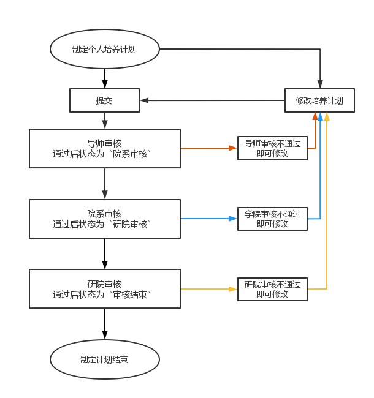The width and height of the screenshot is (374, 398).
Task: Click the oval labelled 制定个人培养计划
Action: tap(104, 49)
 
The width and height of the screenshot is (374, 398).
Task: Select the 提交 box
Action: tap(104, 100)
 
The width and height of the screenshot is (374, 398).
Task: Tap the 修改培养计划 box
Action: tap(319, 100)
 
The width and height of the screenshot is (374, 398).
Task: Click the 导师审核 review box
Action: tap(105, 148)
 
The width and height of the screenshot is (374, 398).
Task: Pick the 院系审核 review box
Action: tap(105, 219)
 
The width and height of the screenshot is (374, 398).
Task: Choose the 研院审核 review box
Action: tap(105, 289)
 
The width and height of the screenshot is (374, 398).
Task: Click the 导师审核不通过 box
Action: tap(272, 148)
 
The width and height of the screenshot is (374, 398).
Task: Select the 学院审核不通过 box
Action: tap(272, 219)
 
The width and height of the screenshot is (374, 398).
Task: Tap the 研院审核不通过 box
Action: tap(272, 289)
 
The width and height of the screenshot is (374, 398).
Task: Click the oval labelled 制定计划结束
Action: tap(104, 359)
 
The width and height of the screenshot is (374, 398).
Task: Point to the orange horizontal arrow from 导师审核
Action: tap(208, 148)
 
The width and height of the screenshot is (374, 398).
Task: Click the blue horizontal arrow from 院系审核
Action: tap(208, 218)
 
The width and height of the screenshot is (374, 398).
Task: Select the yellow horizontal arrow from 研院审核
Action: tap(208, 289)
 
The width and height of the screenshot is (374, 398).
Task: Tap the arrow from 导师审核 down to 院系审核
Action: tap(105, 183)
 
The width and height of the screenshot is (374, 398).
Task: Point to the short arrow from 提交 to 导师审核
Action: tap(105, 120)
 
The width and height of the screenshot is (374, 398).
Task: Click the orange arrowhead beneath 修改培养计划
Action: tap(315, 116)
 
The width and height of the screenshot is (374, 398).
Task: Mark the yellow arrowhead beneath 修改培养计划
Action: tap(327, 116)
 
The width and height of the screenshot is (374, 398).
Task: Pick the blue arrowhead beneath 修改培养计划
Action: tap(321, 116)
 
